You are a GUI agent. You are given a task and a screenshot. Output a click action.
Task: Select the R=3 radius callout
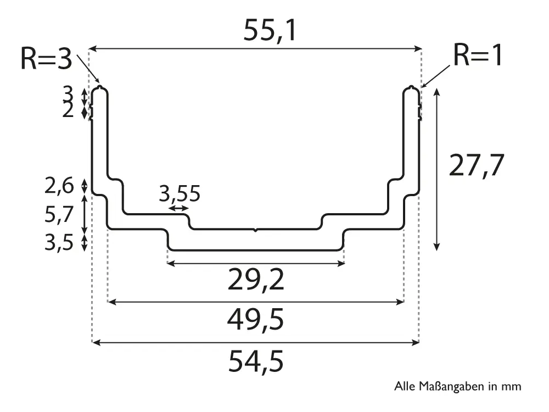point(46,59)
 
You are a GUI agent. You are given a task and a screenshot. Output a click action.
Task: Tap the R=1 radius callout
point(478,55)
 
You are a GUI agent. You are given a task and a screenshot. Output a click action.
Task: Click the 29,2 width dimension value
point(256,281)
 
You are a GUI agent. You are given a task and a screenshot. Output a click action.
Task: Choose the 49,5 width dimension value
point(256,320)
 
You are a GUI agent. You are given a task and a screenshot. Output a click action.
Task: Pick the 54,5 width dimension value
point(256,361)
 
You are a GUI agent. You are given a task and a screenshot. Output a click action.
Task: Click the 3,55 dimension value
point(180,194)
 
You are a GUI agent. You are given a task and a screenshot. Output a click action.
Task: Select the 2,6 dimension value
point(59,187)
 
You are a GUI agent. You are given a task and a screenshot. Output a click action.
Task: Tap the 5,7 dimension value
point(59,215)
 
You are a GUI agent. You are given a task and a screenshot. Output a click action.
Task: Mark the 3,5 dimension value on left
point(59,242)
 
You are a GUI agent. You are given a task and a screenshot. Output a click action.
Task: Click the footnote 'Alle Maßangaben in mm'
point(457,387)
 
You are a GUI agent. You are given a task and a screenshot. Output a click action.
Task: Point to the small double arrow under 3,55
point(178,208)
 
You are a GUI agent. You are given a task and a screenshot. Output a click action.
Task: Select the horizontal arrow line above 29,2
point(256,264)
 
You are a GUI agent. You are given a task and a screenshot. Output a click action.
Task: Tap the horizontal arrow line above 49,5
point(256,302)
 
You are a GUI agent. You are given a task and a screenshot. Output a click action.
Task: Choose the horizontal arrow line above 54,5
point(256,343)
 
